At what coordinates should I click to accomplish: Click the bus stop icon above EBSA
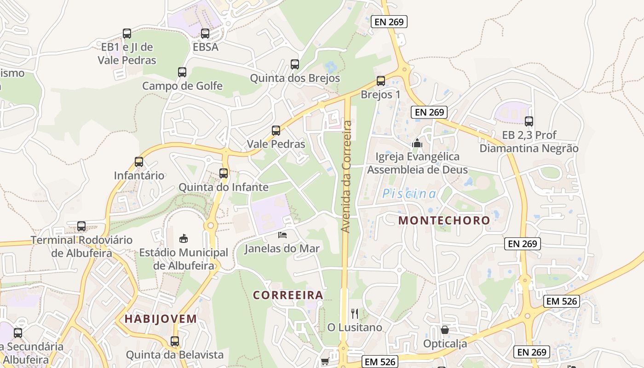tap(205, 34)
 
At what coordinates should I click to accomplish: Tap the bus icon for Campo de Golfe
tap(182, 72)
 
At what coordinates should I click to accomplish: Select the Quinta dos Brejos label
tap(295, 78)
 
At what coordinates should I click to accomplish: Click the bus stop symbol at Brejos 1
tap(381, 81)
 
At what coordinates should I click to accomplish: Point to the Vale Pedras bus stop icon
tap(276, 131)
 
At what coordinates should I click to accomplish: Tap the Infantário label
tap(139, 175)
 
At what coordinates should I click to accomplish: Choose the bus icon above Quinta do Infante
tap(224, 173)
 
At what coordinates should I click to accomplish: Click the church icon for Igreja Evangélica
tap(417, 143)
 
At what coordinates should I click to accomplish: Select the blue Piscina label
tap(409, 194)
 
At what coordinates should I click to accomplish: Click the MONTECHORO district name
tap(444, 220)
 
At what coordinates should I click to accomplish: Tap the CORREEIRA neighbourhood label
tap(288, 295)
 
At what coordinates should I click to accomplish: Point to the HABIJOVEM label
tap(161, 319)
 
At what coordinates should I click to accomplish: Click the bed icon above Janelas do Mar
tap(282, 235)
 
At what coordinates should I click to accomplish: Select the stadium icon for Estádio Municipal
tap(184, 238)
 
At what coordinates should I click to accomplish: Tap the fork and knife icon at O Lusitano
tap(355, 314)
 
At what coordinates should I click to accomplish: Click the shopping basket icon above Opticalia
tap(445, 330)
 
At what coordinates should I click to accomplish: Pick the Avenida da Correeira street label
tap(347, 176)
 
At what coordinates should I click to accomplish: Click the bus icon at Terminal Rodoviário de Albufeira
tap(81, 226)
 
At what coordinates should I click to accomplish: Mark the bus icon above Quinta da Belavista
tap(175, 341)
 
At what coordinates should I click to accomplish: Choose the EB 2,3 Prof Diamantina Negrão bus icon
tap(529, 121)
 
